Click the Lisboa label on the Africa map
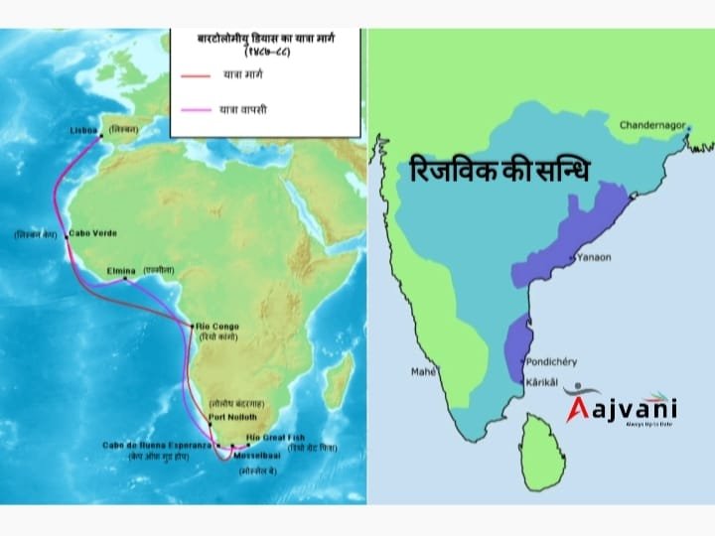[83, 130]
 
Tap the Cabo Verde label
[92, 233]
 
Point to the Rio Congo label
[217, 326]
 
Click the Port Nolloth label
[233, 417]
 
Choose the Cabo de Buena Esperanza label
[157, 445]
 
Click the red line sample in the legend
[197, 74]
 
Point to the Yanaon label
[591, 257]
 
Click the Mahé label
[424, 373]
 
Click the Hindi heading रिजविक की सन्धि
[499, 171]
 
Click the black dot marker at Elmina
[126, 279]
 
